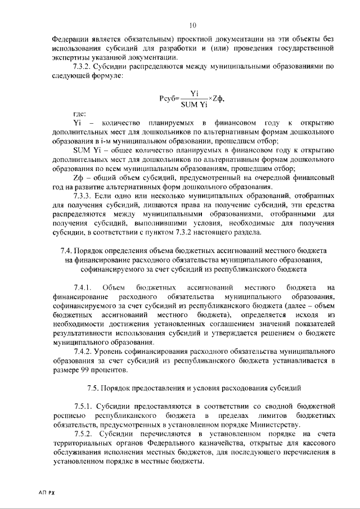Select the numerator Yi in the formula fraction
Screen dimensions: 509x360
195,93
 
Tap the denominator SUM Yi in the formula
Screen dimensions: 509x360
195,105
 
